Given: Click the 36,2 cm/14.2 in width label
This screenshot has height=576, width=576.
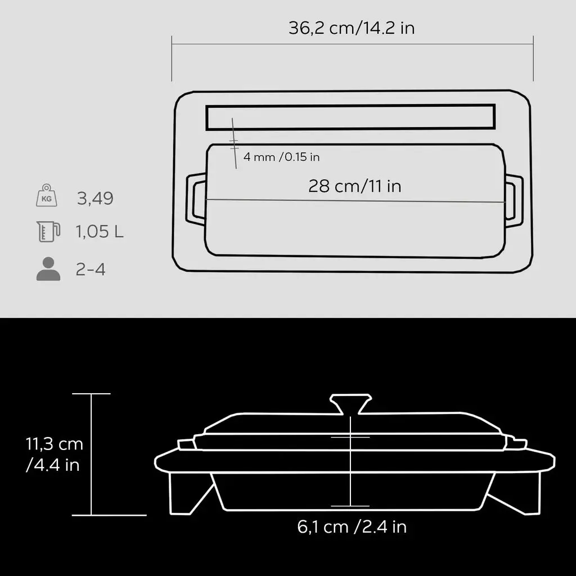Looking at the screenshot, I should pyautogui.click(x=352, y=28).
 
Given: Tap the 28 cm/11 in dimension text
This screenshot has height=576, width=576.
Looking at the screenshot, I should pyautogui.click(x=354, y=186).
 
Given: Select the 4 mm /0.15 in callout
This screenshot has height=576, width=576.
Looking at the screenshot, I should pyautogui.click(x=281, y=157).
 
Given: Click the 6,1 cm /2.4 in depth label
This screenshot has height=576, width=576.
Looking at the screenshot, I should pyautogui.click(x=352, y=527).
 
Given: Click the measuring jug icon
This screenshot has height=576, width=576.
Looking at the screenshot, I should pyautogui.click(x=48, y=231).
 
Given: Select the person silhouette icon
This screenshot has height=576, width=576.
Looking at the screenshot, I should pyautogui.click(x=48, y=269).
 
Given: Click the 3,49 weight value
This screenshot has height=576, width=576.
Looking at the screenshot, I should pyautogui.click(x=95, y=198).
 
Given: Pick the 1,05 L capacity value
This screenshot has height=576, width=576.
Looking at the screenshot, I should pyautogui.click(x=100, y=232).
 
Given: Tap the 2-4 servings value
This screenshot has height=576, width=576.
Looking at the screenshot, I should pyautogui.click(x=91, y=269).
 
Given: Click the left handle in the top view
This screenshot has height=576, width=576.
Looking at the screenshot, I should pyautogui.click(x=194, y=200).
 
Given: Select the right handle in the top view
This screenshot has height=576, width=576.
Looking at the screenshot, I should pyautogui.click(x=514, y=198).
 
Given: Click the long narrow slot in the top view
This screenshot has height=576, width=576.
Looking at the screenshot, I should pyautogui.click(x=350, y=117).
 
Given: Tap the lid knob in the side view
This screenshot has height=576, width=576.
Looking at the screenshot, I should pyautogui.click(x=350, y=403).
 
